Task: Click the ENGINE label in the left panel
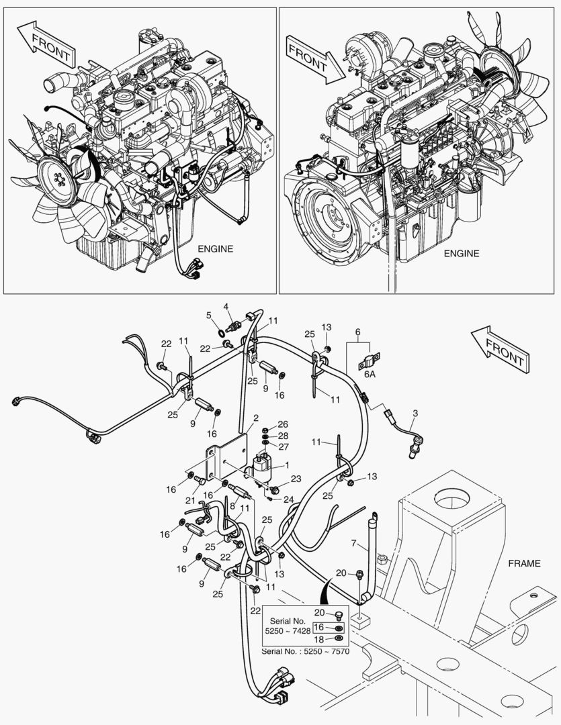click(215, 248)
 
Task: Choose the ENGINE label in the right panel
click(462, 254)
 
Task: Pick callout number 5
click(208, 315)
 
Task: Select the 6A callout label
click(371, 375)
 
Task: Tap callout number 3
click(415, 412)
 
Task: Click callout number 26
click(282, 424)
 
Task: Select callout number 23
click(296, 479)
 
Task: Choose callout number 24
click(289, 499)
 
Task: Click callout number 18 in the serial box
click(320, 638)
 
